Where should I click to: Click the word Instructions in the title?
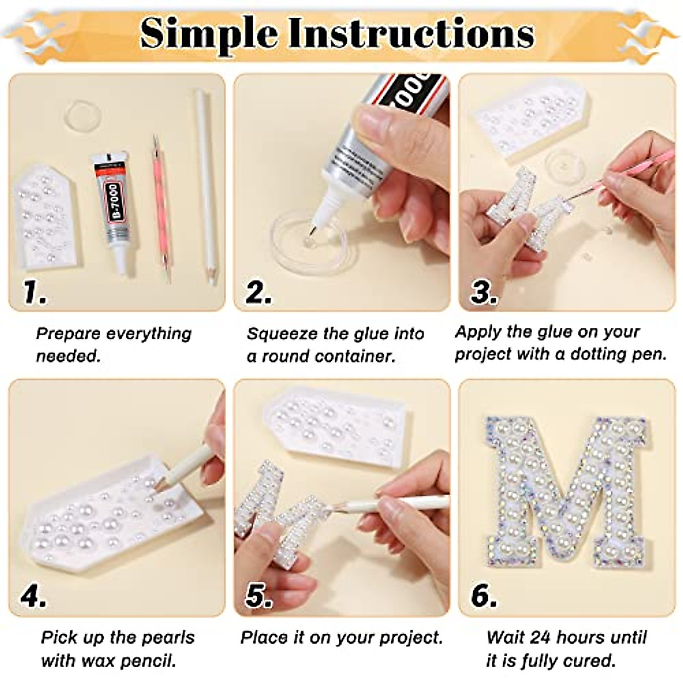coord(411,34)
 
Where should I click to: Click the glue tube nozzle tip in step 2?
coord(311,227)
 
